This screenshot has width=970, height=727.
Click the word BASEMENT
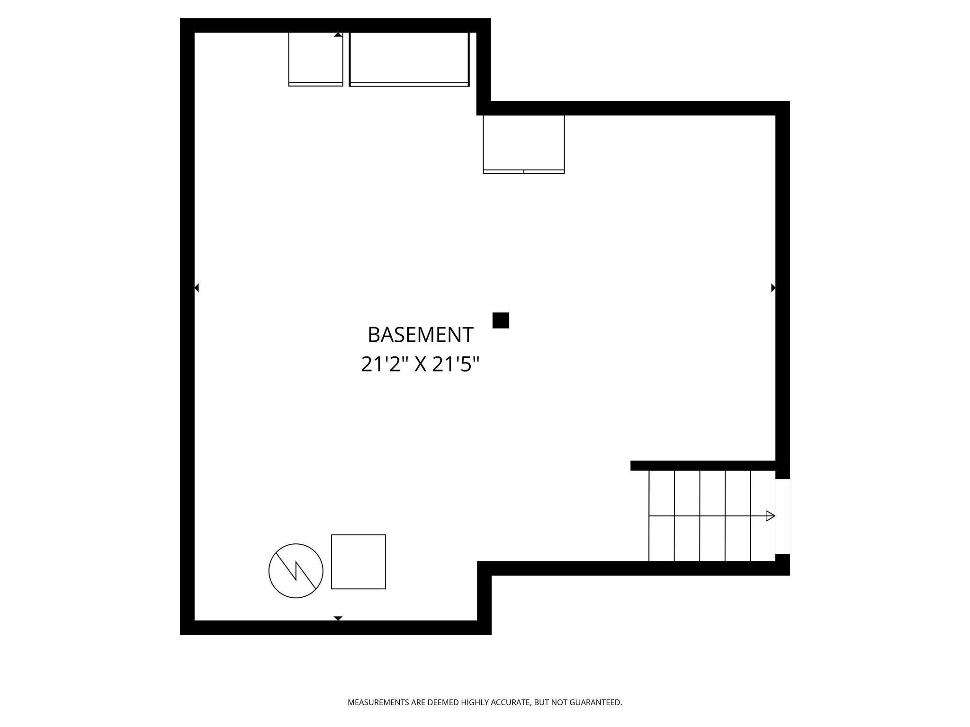(420, 335)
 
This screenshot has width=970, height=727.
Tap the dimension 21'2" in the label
(384, 364)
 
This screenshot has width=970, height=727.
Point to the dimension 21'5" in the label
(456, 364)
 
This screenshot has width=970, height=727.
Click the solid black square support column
(501, 320)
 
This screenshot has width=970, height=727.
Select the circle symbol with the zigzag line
(296, 571)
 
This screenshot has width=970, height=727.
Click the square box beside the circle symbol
(359, 562)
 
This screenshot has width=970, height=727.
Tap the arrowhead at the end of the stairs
(770, 516)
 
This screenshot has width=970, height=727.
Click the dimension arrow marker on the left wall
(197, 288)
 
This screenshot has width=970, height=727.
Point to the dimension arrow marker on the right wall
(773, 288)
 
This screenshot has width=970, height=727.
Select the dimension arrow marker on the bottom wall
(338, 618)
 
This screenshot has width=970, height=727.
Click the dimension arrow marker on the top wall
(338, 35)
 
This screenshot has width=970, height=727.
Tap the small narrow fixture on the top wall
(315, 59)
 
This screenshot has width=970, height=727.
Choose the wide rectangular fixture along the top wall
(409, 59)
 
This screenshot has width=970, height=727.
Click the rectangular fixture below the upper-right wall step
(524, 144)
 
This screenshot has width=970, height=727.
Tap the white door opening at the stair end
(782, 516)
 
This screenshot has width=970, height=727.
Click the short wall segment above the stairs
(703, 466)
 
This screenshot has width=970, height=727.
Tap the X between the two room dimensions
(421, 364)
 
